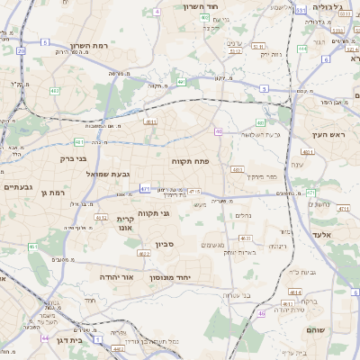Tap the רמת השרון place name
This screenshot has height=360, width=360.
(x=88, y=46)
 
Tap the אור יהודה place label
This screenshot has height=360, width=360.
(x=116, y=276)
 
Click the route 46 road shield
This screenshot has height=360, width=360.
(x=262, y=313)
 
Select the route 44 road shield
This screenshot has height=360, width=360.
(x=45, y=337)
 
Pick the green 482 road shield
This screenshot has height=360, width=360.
(x=55, y=91)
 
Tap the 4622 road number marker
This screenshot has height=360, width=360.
(x=143, y=254)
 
